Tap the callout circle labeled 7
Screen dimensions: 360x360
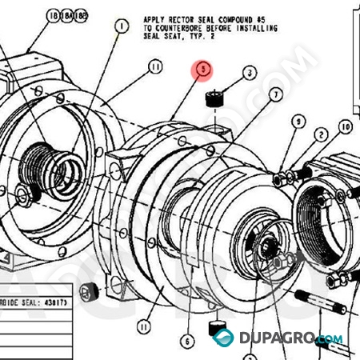point(275,94)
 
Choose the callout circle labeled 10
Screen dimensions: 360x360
point(346,126)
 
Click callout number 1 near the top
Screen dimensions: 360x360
point(121,26)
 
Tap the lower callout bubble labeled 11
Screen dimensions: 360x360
point(144,326)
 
